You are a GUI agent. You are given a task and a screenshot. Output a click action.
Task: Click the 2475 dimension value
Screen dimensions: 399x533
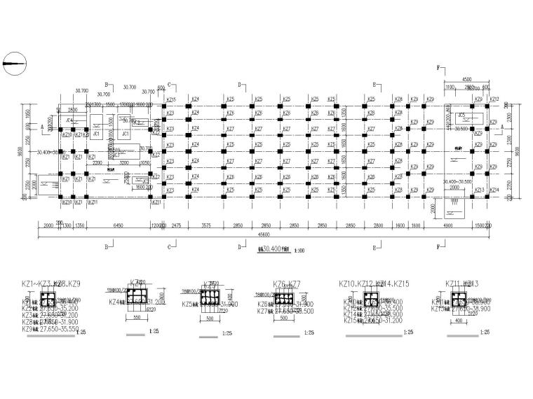click(x=176, y=226)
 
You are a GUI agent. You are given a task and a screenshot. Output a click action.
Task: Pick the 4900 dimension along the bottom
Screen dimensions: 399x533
click(x=447, y=226)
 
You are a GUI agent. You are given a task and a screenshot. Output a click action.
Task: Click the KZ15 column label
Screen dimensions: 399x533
click(x=171, y=99)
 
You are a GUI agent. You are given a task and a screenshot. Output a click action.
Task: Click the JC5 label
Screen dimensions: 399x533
click(x=461, y=114)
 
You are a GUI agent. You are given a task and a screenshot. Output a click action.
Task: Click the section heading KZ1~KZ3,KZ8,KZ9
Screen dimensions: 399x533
click(x=53, y=283)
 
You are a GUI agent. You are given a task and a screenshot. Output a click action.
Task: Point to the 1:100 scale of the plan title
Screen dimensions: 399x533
click(x=299, y=250)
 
